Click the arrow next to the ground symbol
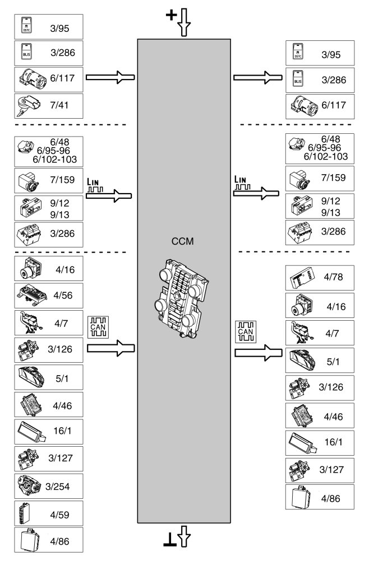tap(184, 538)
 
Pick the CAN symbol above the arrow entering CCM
tap(99, 325)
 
